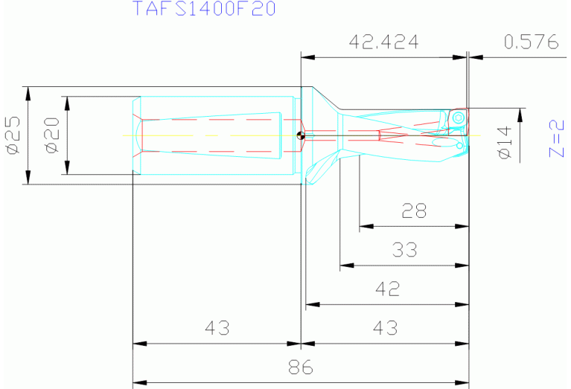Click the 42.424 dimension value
[383, 42]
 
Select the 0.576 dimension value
[531, 42]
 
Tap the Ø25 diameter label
[13, 136]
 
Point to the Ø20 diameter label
[52, 136]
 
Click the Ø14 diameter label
[505, 141]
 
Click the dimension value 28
[414, 212]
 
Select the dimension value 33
[405, 250]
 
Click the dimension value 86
[300, 367]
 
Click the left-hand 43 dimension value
[217, 328]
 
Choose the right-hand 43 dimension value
[385, 328]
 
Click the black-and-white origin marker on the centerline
[300, 135]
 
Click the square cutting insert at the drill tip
[458, 118]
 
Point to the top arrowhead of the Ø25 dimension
[28, 90]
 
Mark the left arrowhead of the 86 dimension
[137, 383]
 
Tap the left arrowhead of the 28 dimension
[363, 227]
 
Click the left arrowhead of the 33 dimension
[345, 266]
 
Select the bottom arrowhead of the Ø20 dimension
[67, 170]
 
